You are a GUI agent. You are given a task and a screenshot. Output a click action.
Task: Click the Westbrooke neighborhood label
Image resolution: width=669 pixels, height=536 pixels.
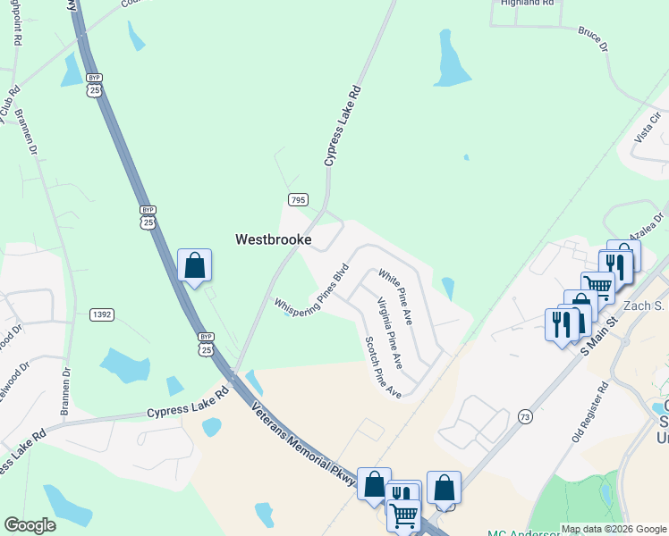click(273, 239)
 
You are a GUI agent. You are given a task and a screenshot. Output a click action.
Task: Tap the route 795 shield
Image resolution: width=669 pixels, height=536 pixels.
click(298, 198)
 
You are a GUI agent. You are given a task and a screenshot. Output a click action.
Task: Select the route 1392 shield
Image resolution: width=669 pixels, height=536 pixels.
click(101, 314)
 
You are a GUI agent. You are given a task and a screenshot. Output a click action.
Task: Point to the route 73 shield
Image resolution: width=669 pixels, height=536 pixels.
click(524, 417)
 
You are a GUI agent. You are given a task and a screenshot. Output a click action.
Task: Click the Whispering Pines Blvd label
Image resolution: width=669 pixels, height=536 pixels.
click(310, 290)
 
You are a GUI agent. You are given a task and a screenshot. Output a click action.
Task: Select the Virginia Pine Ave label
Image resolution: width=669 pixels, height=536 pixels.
click(389, 333)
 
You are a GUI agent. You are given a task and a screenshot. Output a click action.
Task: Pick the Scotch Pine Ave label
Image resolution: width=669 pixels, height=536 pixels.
click(383, 367)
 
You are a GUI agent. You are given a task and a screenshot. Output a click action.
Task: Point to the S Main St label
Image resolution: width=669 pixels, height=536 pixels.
click(599, 332)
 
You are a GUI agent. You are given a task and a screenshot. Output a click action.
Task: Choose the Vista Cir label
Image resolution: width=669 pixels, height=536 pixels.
click(646, 130)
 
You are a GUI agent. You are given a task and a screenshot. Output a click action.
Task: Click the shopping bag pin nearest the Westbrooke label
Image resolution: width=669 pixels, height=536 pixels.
click(194, 265)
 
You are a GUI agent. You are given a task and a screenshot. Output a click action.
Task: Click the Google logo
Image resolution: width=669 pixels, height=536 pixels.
click(30, 525)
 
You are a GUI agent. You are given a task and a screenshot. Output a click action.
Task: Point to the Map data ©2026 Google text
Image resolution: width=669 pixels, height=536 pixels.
click(614, 529)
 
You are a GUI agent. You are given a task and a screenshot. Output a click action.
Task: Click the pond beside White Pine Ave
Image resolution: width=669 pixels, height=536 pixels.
click(447, 289)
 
